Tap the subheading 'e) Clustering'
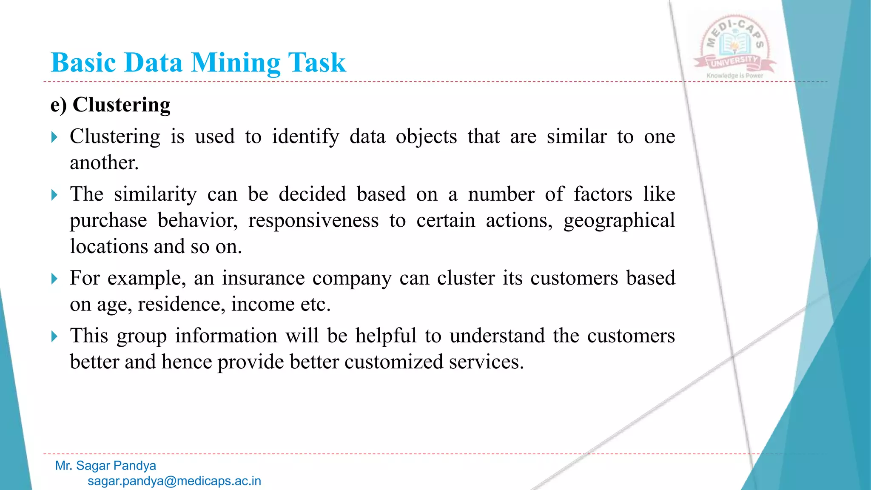[111, 105]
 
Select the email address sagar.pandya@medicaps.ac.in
[174, 481]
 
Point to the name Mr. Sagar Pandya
[105, 466]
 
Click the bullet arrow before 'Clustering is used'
[54, 137]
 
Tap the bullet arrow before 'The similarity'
[54, 195]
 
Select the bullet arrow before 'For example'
[54, 279]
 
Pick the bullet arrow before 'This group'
[54, 337]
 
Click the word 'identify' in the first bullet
[305, 137]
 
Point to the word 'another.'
[104, 163]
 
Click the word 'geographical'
[619, 221]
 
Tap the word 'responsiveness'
[313, 221]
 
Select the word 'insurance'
[263, 279]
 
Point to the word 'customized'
[394, 362]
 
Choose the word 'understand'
[497, 336]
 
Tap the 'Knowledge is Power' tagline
[734, 76]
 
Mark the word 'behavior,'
[197, 221]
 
